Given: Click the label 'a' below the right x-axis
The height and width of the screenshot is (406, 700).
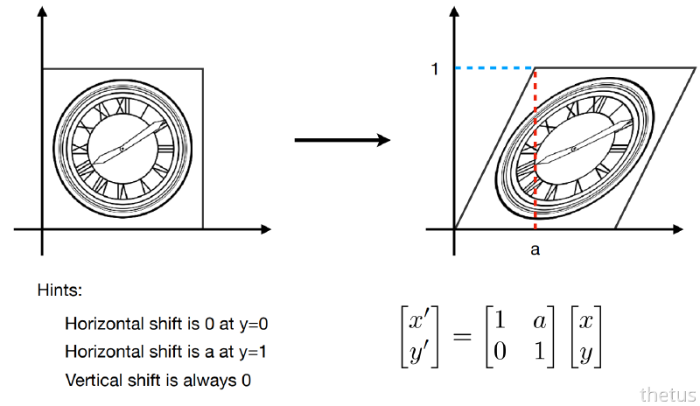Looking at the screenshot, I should pyautogui.click(x=535, y=249).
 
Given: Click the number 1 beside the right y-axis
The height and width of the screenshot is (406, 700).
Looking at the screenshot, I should pyautogui.click(x=435, y=67).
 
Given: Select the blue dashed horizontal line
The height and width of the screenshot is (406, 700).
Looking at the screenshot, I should pyautogui.click(x=494, y=67).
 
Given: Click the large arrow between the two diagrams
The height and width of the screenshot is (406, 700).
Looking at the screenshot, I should pyautogui.click(x=341, y=140).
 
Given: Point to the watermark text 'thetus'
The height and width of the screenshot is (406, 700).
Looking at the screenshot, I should pyautogui.click(x=668, y=394).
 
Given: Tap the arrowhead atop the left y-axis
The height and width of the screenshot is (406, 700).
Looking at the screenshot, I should pyautogui.click(x=41, y=14).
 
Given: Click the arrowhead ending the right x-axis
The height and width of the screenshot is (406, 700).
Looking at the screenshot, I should pyautogui.click(x=677, y=229).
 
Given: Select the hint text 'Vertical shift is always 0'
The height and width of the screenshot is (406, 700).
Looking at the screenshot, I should pyautogui.click(x=151, y=381).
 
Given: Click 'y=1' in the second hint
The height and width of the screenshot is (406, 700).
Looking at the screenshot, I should pyautogui.click(x=249, y=352).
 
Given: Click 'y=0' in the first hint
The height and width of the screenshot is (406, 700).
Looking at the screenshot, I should pyautogui.click(x=249, y=323).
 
